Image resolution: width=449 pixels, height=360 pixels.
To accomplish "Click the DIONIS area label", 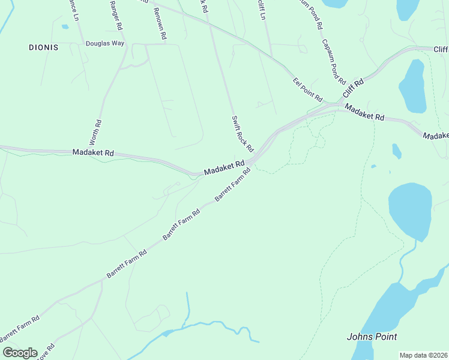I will [44, 47].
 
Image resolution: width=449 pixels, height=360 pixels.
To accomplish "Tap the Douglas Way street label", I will [104, 43].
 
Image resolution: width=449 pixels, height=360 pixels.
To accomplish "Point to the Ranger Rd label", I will [116, 16].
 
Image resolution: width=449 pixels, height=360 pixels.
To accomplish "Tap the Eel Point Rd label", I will [308, 89].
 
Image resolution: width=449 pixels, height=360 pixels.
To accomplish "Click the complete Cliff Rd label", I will [354, 89].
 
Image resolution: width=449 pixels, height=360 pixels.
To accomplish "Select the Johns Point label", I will [372, 337].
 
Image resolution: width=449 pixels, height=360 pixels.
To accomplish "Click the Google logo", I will [20, 353].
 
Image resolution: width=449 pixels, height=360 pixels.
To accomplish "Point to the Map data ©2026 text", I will [423, 355].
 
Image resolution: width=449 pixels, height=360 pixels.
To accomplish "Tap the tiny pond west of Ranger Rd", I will [65, 26].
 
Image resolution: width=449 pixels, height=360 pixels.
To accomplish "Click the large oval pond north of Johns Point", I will [410, 210].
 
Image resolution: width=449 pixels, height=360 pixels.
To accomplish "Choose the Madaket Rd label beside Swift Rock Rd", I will [224, 167].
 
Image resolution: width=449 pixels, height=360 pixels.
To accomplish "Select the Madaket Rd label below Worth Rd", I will [93, 153].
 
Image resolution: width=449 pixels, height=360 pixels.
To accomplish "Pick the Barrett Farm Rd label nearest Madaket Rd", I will [232, 188].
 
